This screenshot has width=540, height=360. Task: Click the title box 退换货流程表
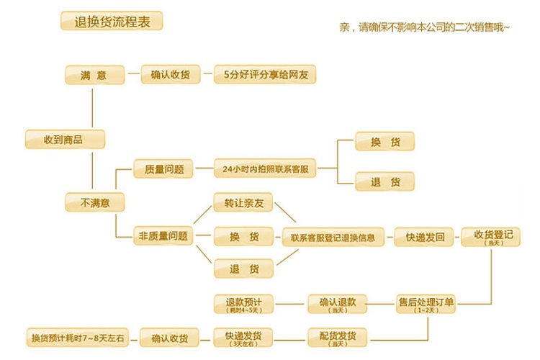112,21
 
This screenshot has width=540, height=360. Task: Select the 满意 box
95,74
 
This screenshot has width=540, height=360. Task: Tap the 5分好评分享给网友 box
266,74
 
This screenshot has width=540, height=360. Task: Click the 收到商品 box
63,139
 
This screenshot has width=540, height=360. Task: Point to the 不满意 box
95,202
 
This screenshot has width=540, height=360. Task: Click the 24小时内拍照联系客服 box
266,170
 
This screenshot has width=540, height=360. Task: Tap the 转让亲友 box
244,203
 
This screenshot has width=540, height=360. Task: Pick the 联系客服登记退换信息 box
333,236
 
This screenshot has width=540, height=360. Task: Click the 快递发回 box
425,236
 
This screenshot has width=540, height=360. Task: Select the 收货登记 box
492,236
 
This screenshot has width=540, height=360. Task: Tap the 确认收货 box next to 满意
170,74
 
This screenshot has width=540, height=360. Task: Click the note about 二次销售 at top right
425,28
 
